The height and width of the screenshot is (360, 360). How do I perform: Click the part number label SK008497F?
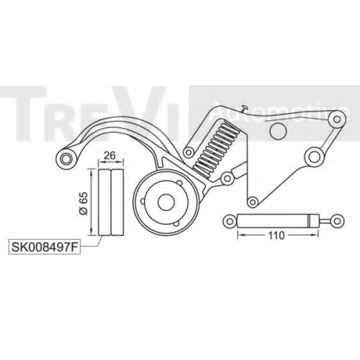click(x=45, y=247)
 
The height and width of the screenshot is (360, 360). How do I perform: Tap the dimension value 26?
click(x=110, y=155)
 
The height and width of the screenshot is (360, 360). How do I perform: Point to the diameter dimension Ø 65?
click(x=84, y=202)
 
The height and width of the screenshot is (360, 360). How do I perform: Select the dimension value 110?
click(x=276, y=235)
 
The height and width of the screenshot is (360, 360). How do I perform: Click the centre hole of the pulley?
click(x=166, y=202)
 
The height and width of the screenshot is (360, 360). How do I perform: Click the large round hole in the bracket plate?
click(x=278, y=130)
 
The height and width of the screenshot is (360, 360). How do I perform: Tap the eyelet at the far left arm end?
click(x=65, y=158)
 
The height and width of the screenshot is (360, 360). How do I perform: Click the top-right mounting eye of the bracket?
click(x=337, y=119)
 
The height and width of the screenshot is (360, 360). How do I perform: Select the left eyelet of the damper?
click(x=230, y=221)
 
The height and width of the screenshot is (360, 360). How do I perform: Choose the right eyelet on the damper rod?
click(x=337, y=221)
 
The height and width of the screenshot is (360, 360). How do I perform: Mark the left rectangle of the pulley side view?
click(x=104, y=202)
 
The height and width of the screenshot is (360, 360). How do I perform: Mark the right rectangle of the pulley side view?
click(x=117, y=202)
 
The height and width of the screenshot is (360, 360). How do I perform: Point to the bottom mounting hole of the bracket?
click(x=252, y=202)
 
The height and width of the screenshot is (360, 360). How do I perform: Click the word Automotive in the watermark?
click(x=280, y=111)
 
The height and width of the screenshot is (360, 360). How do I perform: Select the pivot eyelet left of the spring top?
click(x=189, y=152)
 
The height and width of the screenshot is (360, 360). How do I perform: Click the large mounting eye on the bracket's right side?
click(x=313, y=157)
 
